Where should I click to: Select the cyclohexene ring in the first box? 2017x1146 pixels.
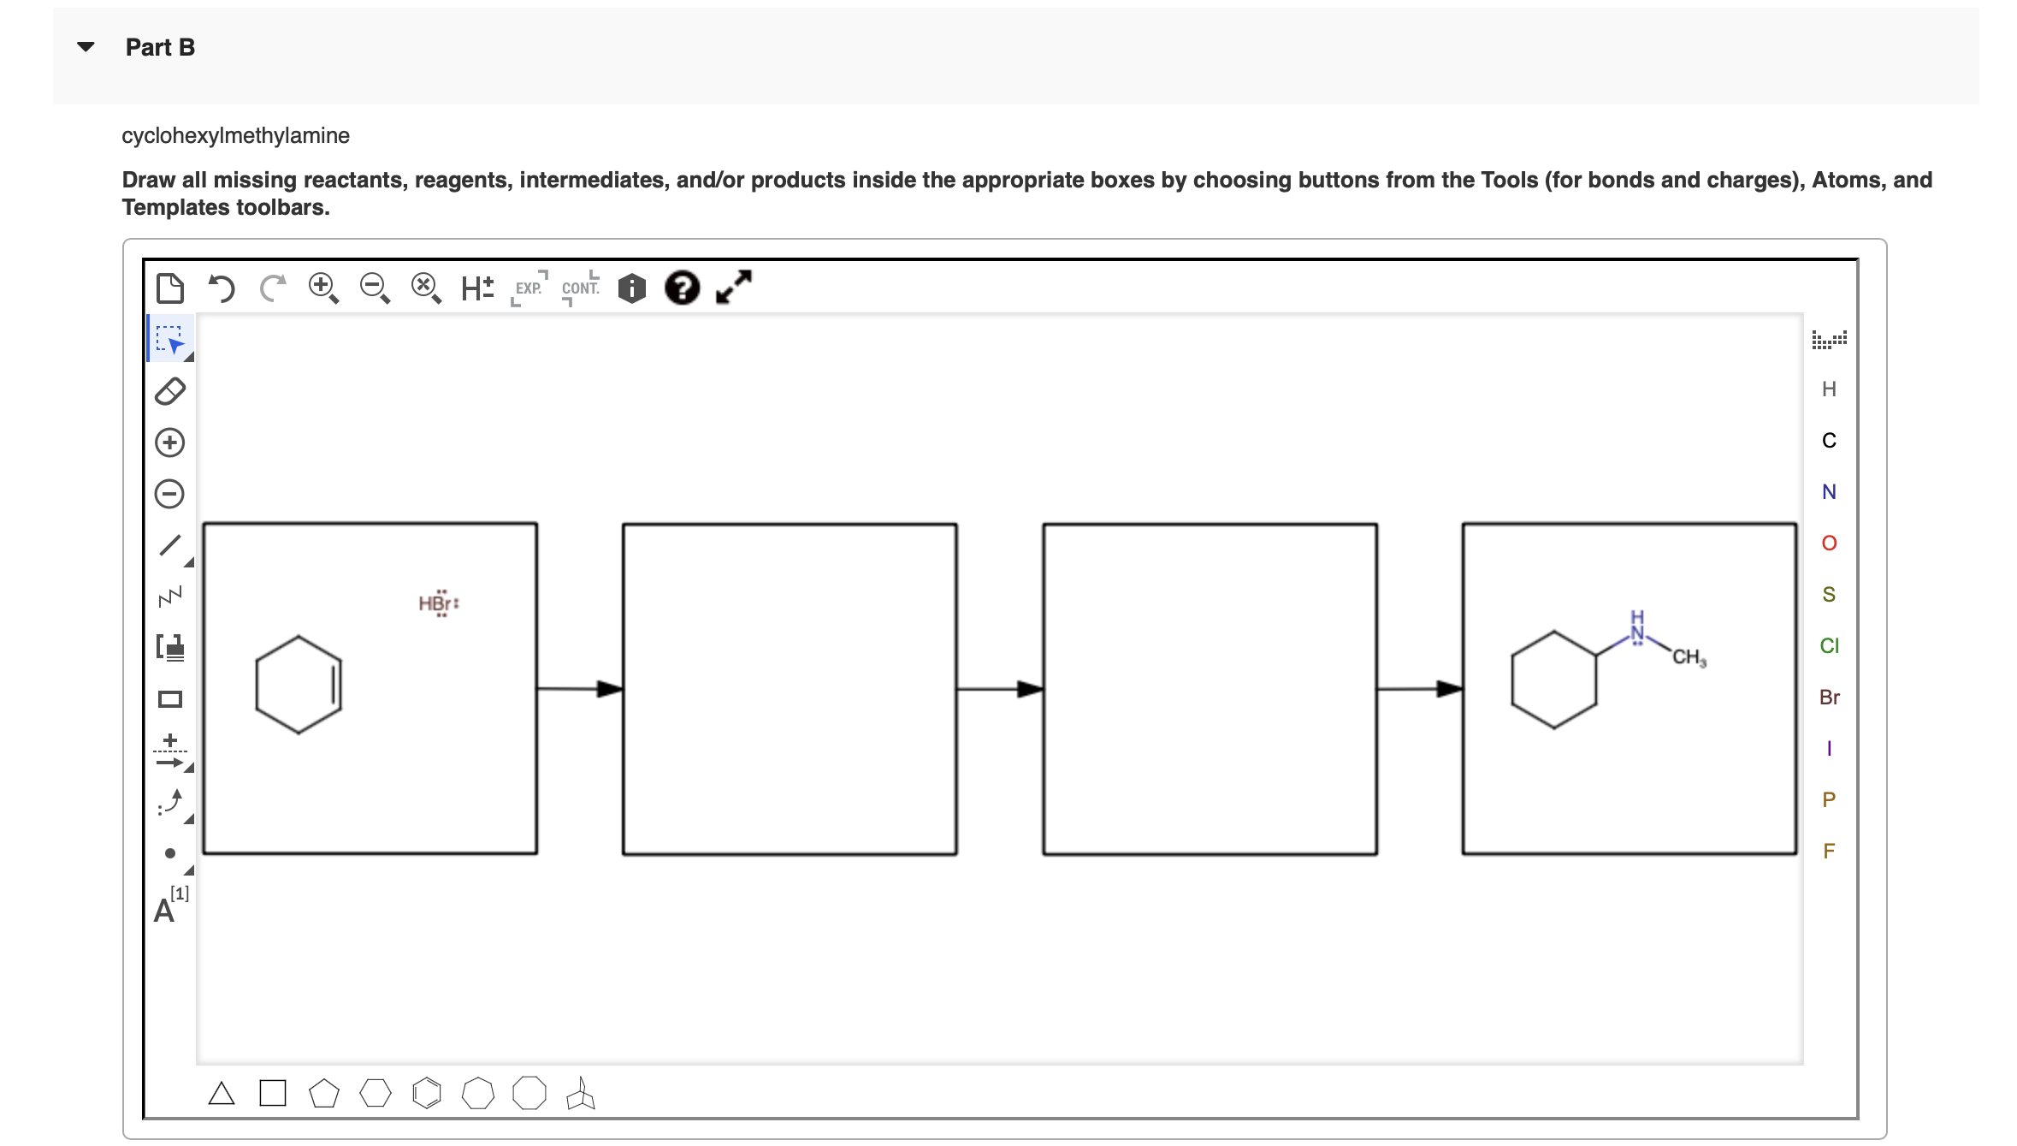pyautogui.click(x=299, y=685)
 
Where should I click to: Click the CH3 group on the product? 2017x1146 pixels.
pyautogui.click(x=1689, y=657)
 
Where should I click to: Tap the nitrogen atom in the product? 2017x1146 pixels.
pyautogui.click(x=1636, y=633)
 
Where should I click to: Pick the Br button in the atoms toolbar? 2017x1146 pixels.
pyautogui.click(x=1829, y=698)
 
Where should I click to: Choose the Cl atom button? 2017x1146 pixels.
pyautogui.click(x=1829, y=646)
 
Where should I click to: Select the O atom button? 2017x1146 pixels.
pyautogui.click(x=1829, y=543)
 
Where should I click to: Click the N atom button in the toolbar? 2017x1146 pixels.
pyautogui.click(x=1829, y=492)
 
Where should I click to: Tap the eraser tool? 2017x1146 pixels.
pyautogui.click(x=170, y=391)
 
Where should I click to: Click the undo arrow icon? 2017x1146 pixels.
pyautogui.click(x=222, y=288)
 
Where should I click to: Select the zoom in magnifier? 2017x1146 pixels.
pyautogui.click(x=322, y=288)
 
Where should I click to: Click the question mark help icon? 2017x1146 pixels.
pyautogui.click(x=682, y=288)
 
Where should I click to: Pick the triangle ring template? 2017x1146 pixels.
pyautogui.click(x=222, y=1094)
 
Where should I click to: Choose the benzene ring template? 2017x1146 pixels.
pyautogui.click(x=426, y=1094)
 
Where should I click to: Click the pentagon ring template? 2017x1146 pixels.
pyautogui.click(x=323, y=1094)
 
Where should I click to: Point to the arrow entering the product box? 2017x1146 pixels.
pyautogui.click(x=1419, y=689)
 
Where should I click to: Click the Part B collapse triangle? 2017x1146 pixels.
pyautogui.click(x=86, y=46)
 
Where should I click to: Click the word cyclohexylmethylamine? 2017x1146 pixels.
pyautogui.click(x=235, y=135)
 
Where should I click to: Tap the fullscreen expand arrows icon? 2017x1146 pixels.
pyautogui.click(x=734, y=288)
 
